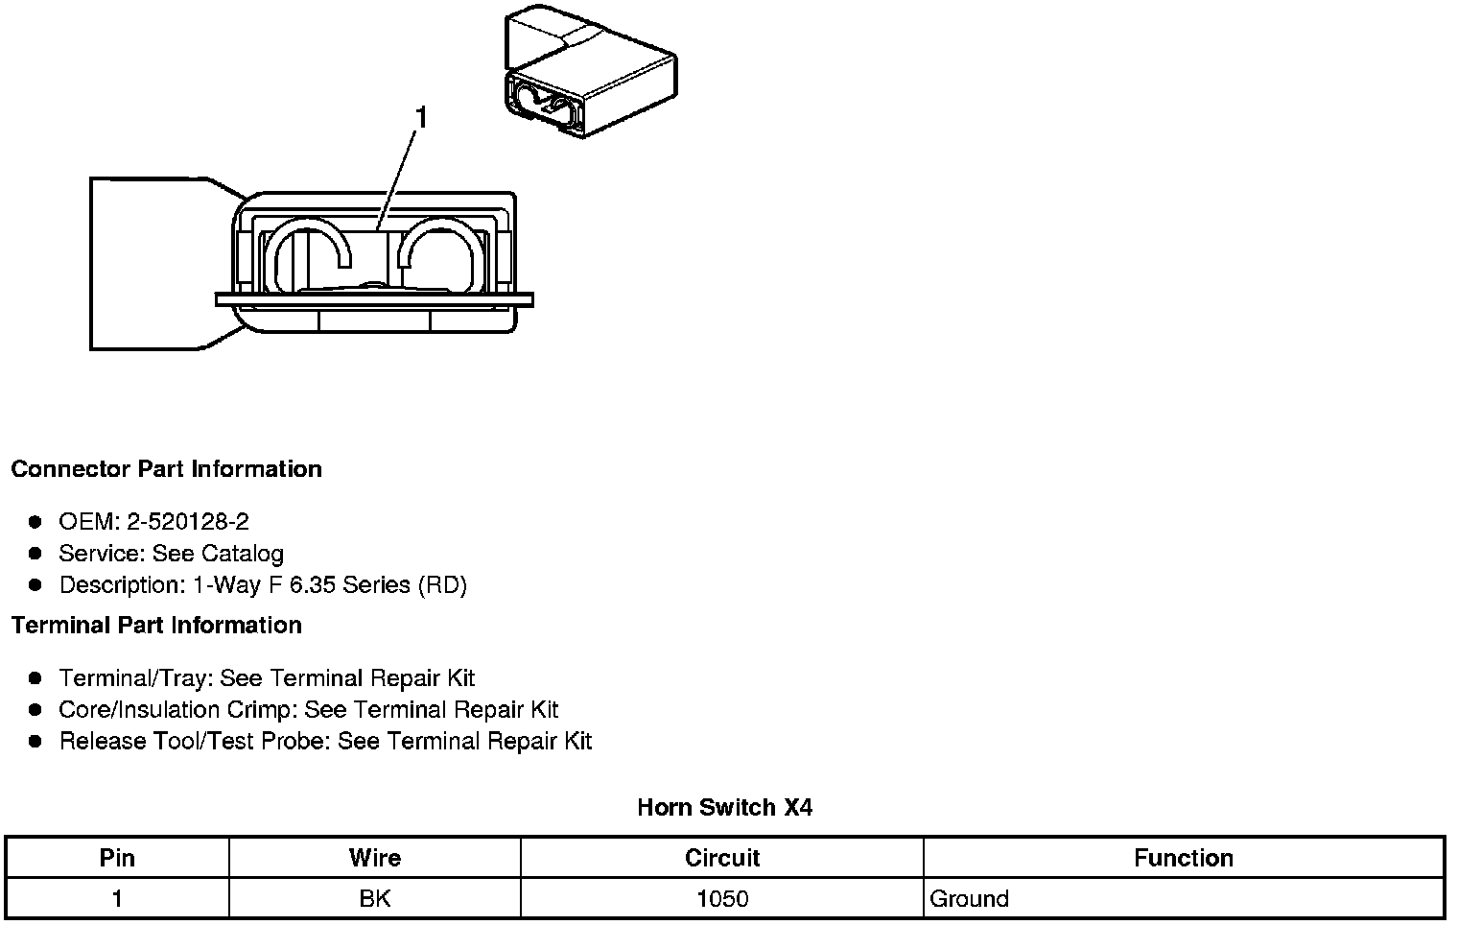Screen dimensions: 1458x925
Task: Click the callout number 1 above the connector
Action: pyautogui.click(x=420, y=118)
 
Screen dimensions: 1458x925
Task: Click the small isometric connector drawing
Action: pyautogui.click(x=588, y=75)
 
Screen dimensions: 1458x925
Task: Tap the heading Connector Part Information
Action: pyautogui.click(x=166, y=469)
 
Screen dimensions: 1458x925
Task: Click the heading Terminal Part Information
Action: pyautogui.click(x=156, y=626)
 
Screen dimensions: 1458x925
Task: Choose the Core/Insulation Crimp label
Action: pyautogui.click(x=177, y=710)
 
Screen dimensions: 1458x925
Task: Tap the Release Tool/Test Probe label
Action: pyautogui.click(x=195, y=742)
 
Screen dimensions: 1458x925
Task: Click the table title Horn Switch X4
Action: pyautogui.click(x=724, y=808)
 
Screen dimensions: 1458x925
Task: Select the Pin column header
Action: pyautogui.click(x=117, y=858)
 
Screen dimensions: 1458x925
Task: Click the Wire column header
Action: pyautogui.click(x=375, y=858)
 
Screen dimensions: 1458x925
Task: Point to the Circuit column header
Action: pyautogui.click(x=722, y=858)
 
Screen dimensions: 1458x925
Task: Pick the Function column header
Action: pyautogui.click(x=1184, y=858)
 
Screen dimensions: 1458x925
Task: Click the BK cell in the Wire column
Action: pyautogui.click(x=375, y=899)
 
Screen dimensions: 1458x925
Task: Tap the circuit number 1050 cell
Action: pyautogui.click(x=722, y=899)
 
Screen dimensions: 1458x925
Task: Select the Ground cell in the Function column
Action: pyautogui.click(x=970, y=899)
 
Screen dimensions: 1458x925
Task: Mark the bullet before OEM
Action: pyautogui.click(x=35, y=522)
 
